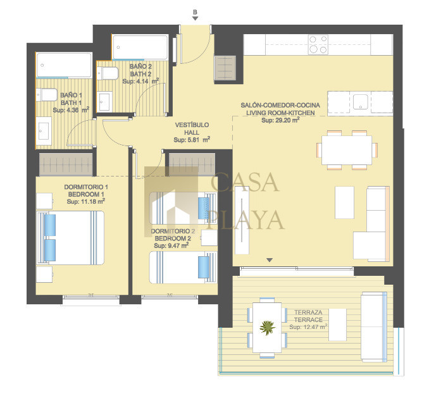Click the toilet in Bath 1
47,95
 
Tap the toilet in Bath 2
108,73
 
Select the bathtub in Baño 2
140,47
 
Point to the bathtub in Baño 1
65,65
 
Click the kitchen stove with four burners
318,44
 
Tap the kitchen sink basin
360,102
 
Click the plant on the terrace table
267,328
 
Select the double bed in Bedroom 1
70,237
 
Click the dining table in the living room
347,150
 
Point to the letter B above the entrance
195,12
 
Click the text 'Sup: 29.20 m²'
280,120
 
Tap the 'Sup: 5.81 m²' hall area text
192,140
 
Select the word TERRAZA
308,312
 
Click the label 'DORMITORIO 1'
86,187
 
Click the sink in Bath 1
44,131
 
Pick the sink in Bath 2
105,101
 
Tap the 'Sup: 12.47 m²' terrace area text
308,326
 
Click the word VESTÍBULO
192,125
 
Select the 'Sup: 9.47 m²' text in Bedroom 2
171,245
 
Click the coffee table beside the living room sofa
344,202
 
